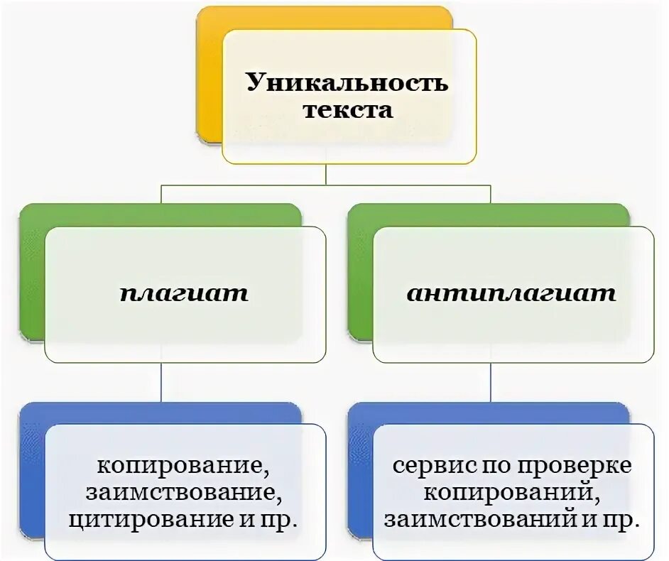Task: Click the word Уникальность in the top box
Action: (347, 82)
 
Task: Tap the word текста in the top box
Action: (348, 110)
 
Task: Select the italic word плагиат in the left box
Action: (184, 293)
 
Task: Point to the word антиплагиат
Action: (511, 293)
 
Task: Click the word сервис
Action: (426, 467)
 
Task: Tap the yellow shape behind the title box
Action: (209, 78)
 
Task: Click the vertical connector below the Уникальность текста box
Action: (326, 175)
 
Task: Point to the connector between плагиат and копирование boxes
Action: (162, 383)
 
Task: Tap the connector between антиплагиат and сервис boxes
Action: (491, 383)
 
